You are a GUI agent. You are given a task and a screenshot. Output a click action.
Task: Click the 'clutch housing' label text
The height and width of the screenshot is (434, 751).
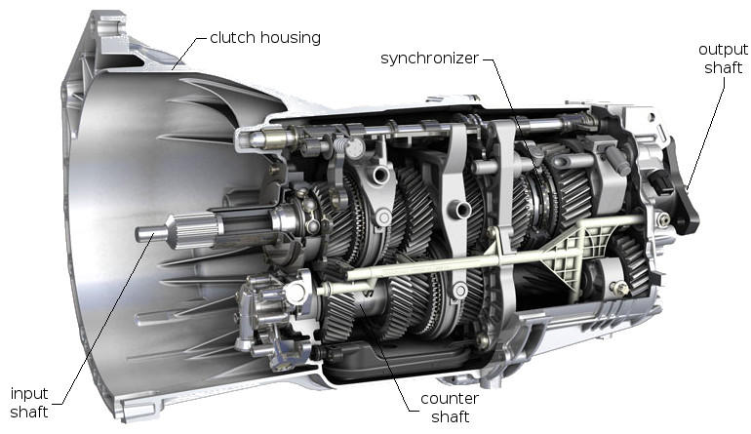click(264, 38)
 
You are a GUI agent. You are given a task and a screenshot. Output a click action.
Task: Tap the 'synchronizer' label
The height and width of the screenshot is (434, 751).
click(430, 59)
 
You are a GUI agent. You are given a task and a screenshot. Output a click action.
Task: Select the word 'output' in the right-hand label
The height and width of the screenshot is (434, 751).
click(722, 49)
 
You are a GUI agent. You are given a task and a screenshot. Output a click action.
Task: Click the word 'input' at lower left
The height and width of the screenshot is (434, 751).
click(28, 393)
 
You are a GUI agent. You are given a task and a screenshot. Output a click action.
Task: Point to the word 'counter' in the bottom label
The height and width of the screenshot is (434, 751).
click(448, 399)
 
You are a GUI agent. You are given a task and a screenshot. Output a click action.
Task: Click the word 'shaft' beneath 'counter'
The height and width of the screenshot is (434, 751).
click(448, 417)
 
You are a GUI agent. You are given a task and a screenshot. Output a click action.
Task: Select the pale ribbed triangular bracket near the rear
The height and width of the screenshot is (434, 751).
click(566, 249)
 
